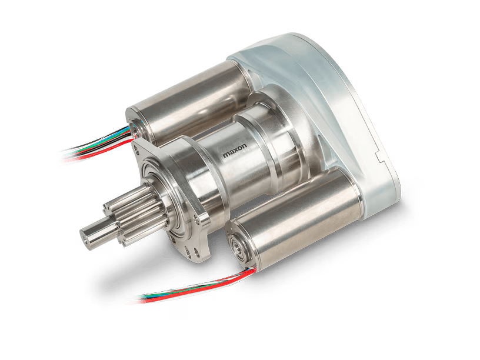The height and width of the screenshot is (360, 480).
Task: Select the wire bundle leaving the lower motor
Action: pyautogui.click(x=196, y=285)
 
